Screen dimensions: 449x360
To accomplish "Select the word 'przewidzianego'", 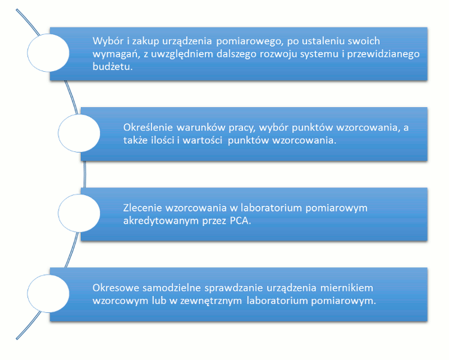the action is pyautogui.click(x=383, y=54).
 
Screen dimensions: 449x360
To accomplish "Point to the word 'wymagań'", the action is pyautogui.click(x=116, y=54).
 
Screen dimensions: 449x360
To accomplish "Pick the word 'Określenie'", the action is pyautogui.click(x=148, y=127).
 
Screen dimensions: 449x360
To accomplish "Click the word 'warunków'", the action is pyautogui.click(x=201, y=127).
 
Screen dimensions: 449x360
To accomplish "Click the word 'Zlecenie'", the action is pyautogui.click(x=142, y=208).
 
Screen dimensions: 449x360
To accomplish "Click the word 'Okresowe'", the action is pyautogui.click(x=116, y=288).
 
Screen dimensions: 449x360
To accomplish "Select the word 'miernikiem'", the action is pyautogui.click(x=347, y=288).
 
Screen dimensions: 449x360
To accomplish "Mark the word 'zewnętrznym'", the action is pyautogui.click(x=211, y=301).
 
